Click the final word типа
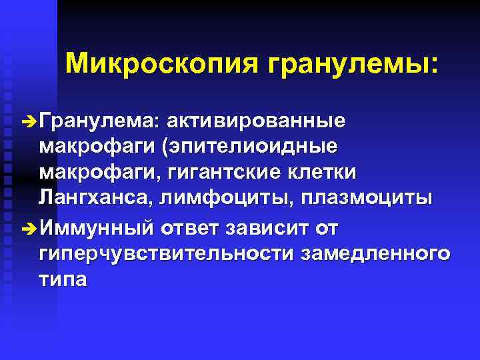click(x=63, y=279)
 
